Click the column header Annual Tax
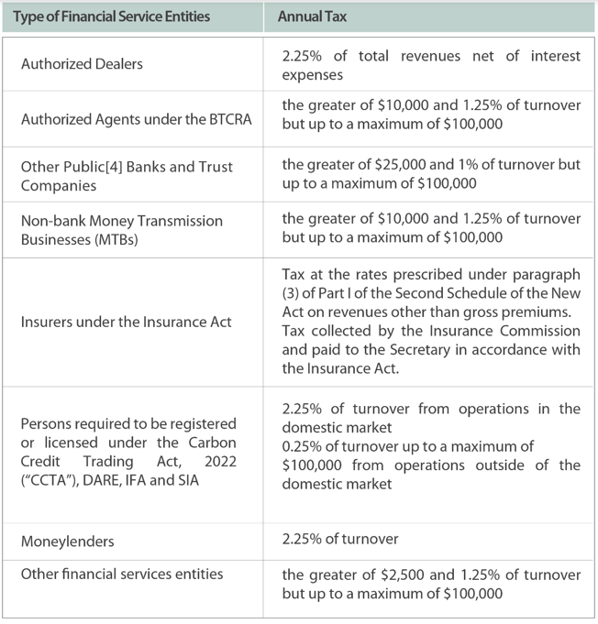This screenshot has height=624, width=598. tap(312, 16)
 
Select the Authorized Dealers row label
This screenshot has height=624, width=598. tap(82, 64)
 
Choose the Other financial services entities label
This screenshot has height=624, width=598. tap(122, 575)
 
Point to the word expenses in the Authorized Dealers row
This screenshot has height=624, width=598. tap(313, 73)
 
